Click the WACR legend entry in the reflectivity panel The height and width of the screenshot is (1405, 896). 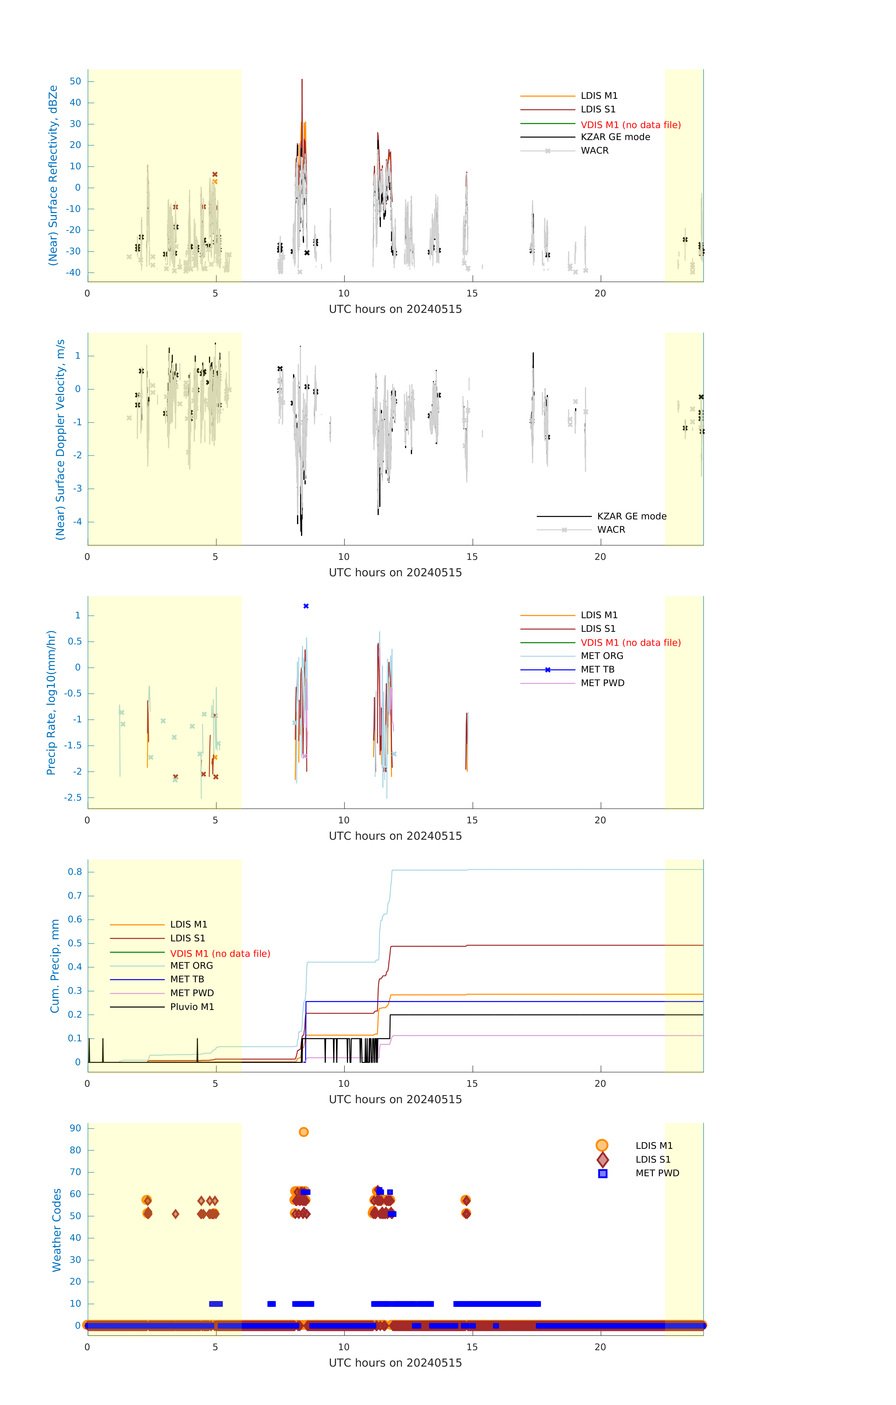(x=594, y=151)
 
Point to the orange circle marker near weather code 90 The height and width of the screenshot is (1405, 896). (x=304, y=1132)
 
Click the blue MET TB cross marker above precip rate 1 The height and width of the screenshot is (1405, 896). (x=306, y=606)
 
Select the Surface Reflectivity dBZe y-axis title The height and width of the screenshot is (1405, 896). (x=53, y=175)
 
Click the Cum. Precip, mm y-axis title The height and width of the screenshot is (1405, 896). (x=55, y=966)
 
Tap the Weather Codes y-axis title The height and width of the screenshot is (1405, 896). (x=57, y=1230)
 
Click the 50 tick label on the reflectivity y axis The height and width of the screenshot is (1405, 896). (x=75, y=81)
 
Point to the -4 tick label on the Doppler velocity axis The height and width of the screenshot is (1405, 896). (x=77, y=522)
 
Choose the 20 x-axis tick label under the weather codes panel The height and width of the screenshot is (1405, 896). (x=600, y=1347)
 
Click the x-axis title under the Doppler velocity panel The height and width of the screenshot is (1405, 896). (x=395, y=572)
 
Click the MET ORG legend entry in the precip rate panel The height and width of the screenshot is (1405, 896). (x=602, y=656)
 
